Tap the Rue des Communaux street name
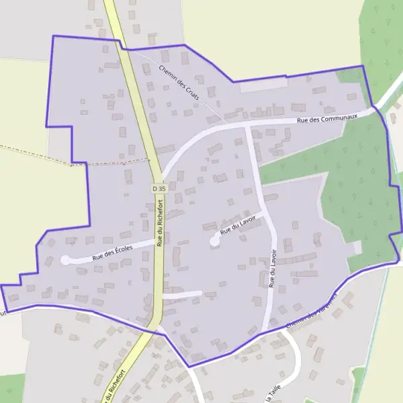coord(328,118)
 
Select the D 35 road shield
coord(159,189)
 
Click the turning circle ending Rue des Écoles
coord(65,260)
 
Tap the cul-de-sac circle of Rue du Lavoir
coord(214,239)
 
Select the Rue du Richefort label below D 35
coord(160,224)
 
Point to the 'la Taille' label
coord(273,388)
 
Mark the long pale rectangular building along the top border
coord(263,85)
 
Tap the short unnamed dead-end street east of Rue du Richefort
coord(183,294)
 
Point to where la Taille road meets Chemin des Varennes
coord(281,329)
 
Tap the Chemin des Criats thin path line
coord(201,101)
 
